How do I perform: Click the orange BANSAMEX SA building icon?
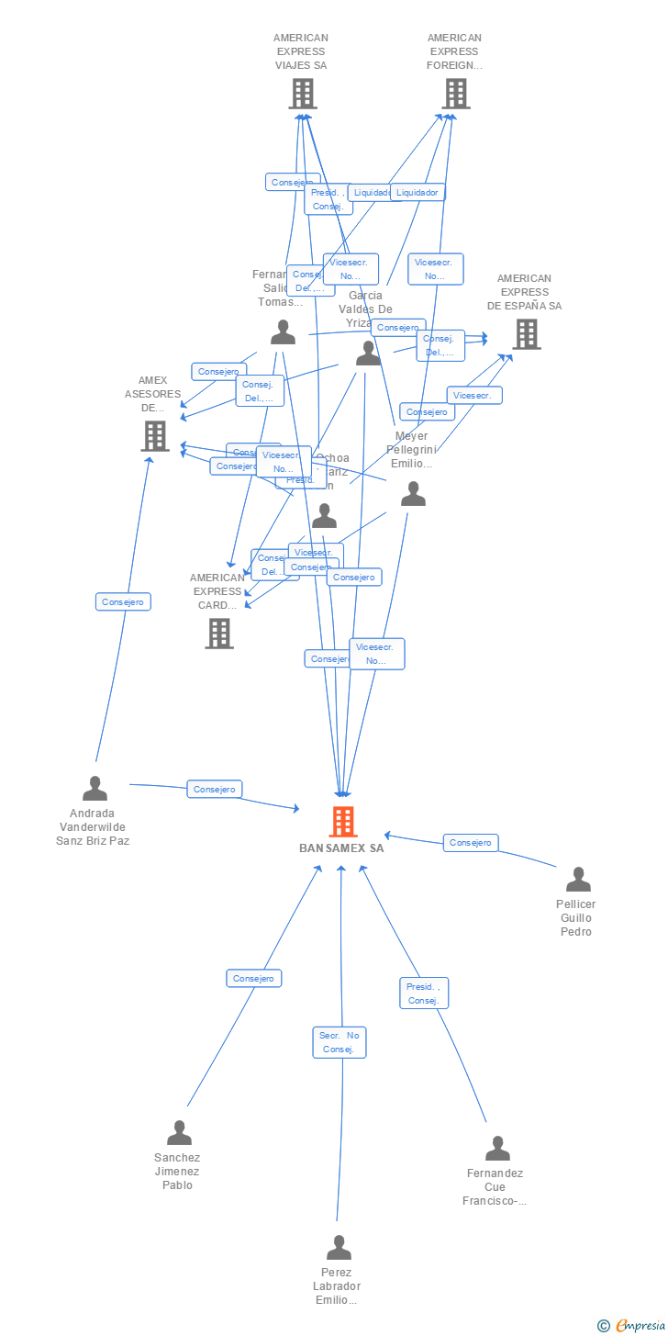coord(342,821)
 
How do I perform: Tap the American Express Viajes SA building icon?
coord(303,93)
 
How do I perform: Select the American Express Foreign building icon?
coord(455,93)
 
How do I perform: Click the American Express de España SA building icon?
coord(526,334)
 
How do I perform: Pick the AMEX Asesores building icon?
coord(155,436)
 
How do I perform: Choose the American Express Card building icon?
coord(219,633)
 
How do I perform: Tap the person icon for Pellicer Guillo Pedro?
coord(578,880)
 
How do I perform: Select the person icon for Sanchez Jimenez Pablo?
coord(179,1132)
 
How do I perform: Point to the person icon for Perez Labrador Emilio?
coord(339,1248)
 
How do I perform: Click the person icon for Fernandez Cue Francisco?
coord(497,1148)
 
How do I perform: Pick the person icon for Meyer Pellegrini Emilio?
coord(413,495)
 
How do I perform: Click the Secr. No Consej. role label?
coord(339,1042)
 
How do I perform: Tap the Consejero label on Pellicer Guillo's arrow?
coord(471,842)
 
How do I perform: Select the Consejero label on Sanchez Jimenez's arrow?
coord(254,978)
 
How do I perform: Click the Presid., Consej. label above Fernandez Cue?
coord(424,993)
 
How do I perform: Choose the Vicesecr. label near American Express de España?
coord(474,395)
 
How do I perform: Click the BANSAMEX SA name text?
coord(341,848)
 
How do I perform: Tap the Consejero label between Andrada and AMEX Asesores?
coord(123,601)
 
